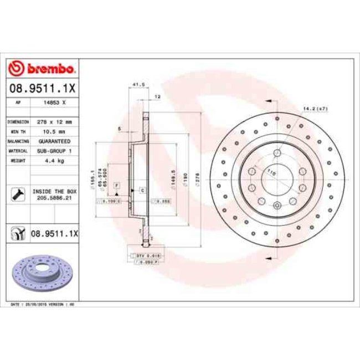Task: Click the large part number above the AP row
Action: [x=42, y=88]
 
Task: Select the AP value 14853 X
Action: [x=54, y=102]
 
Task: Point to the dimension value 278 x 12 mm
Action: [x=54, y=121]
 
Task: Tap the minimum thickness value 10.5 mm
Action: [x=54, y=131]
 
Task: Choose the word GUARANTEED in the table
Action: [x=54, y=141]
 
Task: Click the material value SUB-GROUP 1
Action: [x=54, y=151]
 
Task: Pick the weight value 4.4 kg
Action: [x=54, y=161]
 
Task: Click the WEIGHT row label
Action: [x=18, y=161]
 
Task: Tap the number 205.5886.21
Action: [x=54, y=197]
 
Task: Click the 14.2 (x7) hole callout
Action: [x=316, y=109]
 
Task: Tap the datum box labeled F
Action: [x=117, y=184]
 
